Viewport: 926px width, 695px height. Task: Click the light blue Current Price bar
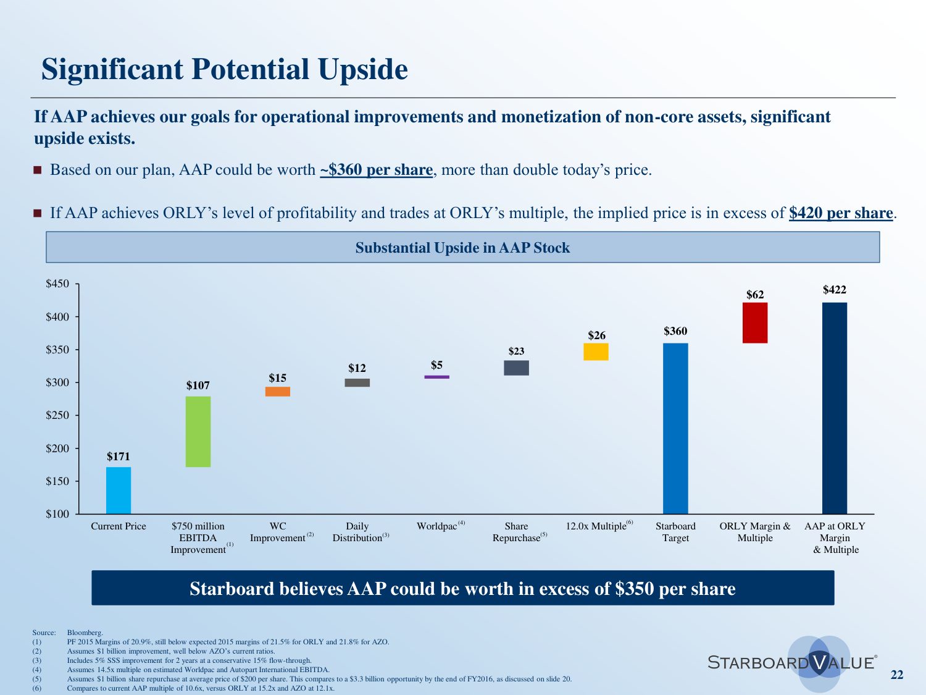point(119,491)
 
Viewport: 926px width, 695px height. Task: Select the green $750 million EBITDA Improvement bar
point(198,432)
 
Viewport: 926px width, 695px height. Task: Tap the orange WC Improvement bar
point(278,392)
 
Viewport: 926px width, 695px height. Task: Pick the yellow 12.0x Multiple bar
point(596,352)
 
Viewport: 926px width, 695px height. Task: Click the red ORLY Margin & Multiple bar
point(755,323)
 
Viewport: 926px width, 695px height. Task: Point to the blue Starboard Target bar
point(675,429)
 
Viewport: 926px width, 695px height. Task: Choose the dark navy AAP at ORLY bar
point(835,408)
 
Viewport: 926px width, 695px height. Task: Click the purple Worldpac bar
point(437,377)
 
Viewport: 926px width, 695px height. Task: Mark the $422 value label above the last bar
point(835,290)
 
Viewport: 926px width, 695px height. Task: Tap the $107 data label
point(198,385)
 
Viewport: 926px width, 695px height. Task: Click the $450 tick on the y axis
point(57,284)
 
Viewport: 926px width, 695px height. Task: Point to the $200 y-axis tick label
point(57,449)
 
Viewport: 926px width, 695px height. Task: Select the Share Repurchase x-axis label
point(517,532)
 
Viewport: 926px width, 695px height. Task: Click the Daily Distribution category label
point(357,532)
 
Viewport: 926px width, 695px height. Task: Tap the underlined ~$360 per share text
point(376,170)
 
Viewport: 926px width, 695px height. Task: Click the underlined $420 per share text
point(841,213)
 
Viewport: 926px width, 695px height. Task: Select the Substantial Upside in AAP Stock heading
point(462,248)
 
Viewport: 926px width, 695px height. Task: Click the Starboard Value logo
point(793,663)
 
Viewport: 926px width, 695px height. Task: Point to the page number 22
point(897,675)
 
